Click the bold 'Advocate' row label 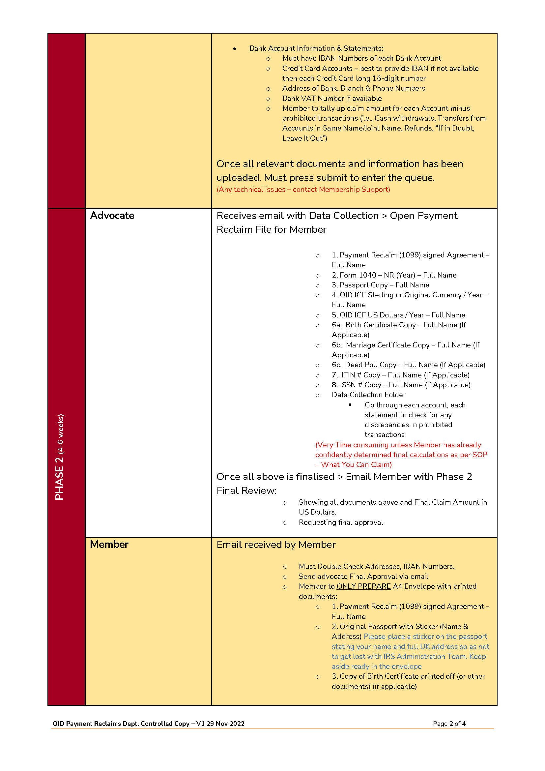(112, 216)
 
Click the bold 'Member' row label (109, 544)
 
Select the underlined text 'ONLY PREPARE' (363, 586)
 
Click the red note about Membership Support (303, 190)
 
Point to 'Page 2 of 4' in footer (449, 724)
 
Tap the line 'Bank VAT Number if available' (332, 98)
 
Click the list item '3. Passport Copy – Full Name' (380, 285)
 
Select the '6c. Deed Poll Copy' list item (408, 365)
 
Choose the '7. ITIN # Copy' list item (400, 375)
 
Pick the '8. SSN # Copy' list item (401, 385)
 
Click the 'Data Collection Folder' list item (368, 395)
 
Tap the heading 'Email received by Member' (276, 545)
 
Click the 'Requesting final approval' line (341, 522)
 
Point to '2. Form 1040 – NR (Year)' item (394, 275)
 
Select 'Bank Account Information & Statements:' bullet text (316, 48)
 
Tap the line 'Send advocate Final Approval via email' (363, 577)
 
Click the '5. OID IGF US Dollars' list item (398, 315)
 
